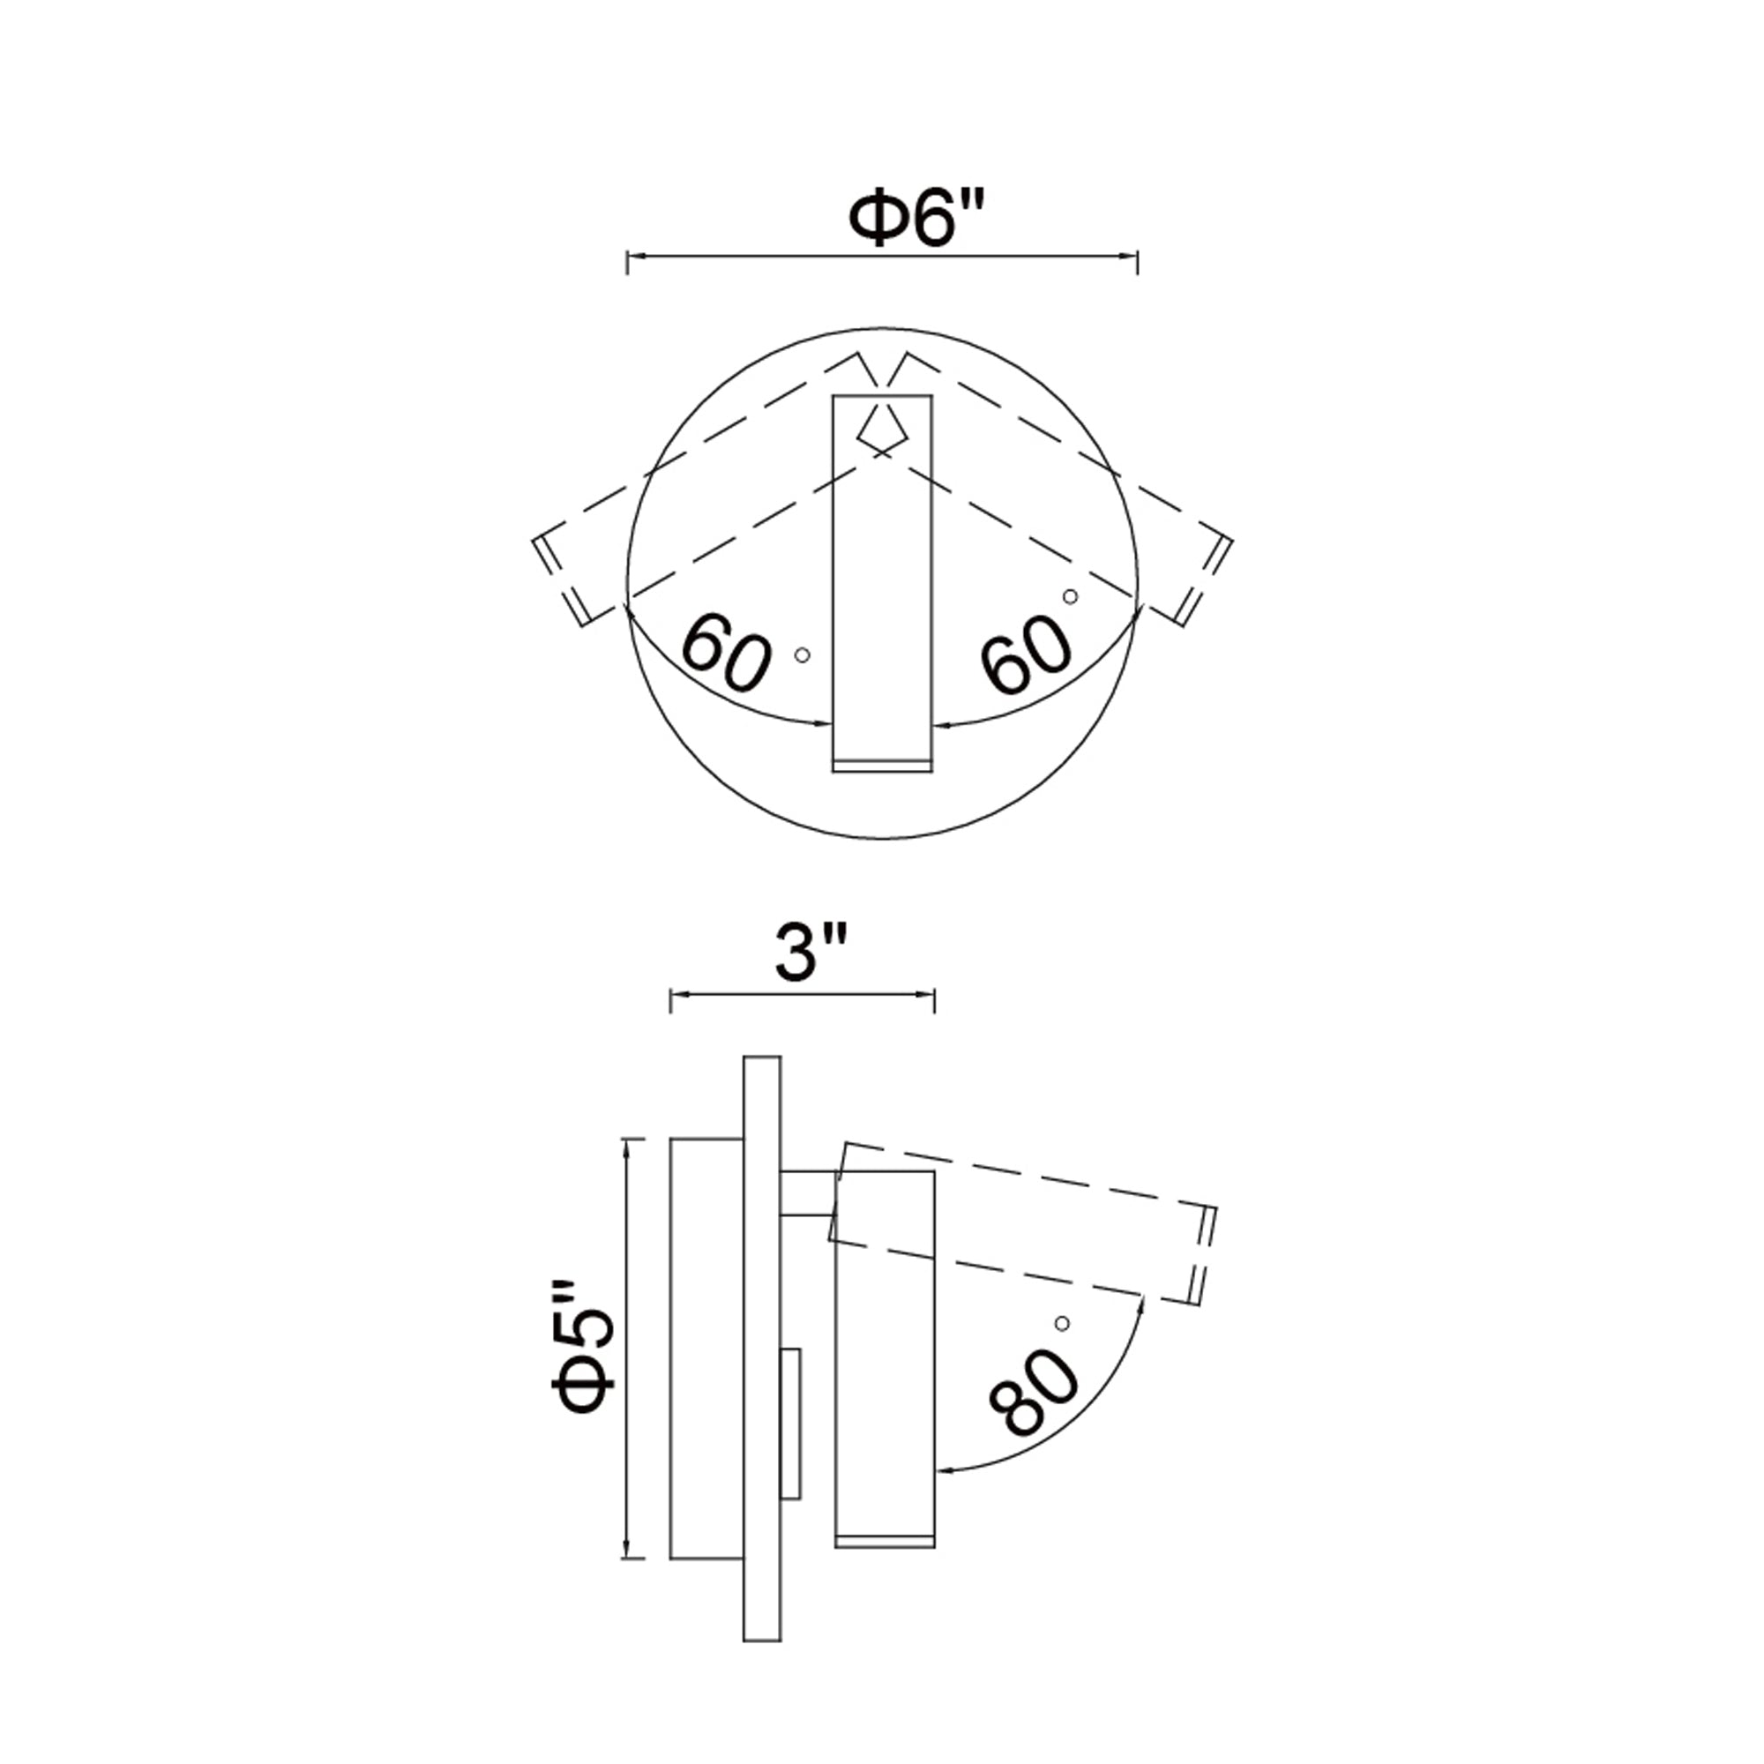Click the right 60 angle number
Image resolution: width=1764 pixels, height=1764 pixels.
pos(1027,654)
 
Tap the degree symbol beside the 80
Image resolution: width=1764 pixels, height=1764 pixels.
pos(1061,1323)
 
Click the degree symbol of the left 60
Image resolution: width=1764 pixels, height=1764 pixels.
pos(803,654)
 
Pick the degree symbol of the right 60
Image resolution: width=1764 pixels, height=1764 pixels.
pos(1070,596)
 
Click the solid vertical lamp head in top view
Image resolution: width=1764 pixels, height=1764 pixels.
pos(882,585)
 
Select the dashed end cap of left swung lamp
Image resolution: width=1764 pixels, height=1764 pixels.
pos(559,580)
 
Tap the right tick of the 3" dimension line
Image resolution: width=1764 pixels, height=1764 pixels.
pos(934,1001)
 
